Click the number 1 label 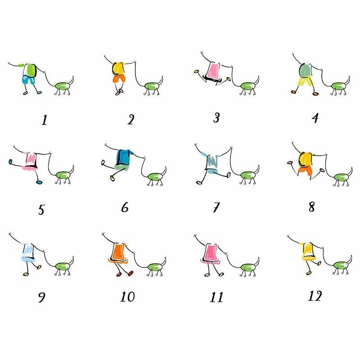(44, 120)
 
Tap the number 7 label (216, 207)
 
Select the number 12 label (315, 296)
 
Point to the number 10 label (128, 297)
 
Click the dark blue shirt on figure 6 (124, 157)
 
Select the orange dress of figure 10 (118, 253)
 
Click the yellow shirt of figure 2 (118, 68)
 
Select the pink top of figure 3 (213, 70)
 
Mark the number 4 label (315, 118)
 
